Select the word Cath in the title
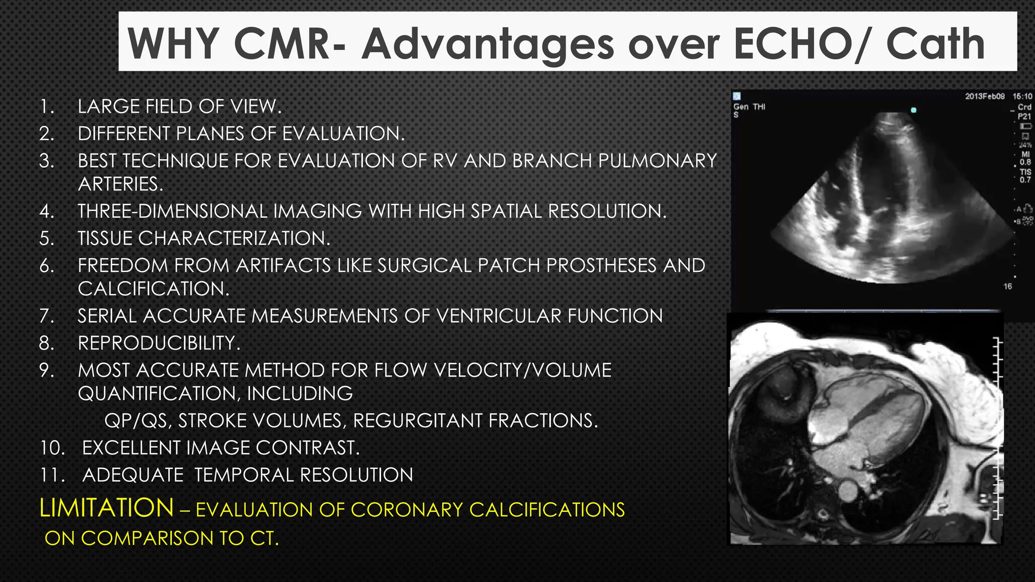coord(935,44)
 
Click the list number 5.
coord(46,238)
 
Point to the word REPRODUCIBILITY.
coord(159,343)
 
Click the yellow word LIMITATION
coord(107,508)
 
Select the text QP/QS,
coord(137,421)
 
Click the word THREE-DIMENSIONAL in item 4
coord(172,211)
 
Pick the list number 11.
coord(52,475)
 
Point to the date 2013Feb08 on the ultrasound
coord(984,96)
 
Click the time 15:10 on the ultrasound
coord(1022,96)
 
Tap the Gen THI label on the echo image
coord(749,107)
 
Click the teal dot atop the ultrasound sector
coord(913,110)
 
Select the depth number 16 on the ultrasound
coord(1007,286)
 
